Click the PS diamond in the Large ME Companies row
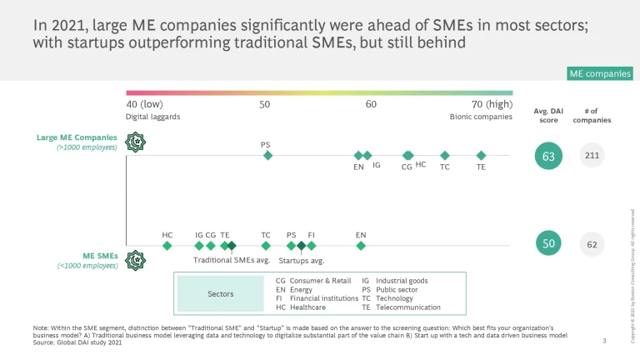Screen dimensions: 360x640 (267, 155)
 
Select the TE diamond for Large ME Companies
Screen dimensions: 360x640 (481, 155)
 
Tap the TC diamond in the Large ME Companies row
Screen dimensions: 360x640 (445, 155)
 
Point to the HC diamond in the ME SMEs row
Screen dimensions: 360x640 (167, 246)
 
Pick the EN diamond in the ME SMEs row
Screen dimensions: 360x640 (361, 246)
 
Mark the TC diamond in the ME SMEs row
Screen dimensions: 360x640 (266, 246)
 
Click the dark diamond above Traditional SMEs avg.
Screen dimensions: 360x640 (232, 246)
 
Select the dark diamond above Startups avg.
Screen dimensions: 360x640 (301, 246)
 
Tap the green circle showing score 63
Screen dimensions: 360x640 (548, 155)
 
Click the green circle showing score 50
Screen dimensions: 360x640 (548, 243)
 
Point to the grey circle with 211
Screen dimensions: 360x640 (592, 155)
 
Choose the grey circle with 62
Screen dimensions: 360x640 (592, 244)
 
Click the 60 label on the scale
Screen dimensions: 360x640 (371, 104)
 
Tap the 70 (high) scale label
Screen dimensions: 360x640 (492, 104)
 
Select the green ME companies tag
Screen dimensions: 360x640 (599, 74)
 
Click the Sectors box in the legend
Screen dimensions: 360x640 (220, 293)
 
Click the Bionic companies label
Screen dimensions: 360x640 (481, 117)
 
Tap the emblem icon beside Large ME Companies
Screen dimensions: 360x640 (133, 142)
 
